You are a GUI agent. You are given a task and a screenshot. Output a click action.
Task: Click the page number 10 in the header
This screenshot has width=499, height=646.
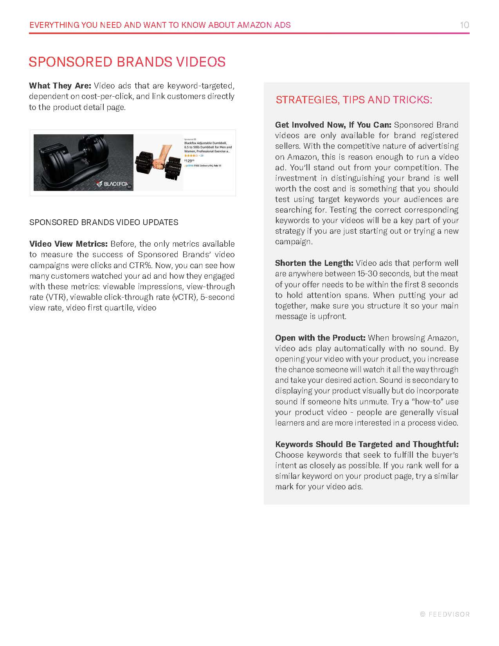click(464, 25)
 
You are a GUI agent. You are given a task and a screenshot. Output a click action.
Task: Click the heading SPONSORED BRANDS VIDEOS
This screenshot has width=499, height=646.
click(127, 62)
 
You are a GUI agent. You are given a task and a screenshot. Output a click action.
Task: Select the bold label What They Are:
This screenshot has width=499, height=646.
click(60, 86)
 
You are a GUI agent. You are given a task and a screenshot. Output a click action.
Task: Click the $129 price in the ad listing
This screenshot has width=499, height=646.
click(189, 161)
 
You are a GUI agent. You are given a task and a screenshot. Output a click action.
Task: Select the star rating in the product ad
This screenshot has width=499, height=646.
click(191, 155)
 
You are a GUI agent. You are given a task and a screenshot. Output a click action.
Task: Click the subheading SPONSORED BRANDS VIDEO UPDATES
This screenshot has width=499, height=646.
click(104, 222)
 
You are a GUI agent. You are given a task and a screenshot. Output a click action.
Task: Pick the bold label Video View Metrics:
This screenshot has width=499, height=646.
click(68, 244)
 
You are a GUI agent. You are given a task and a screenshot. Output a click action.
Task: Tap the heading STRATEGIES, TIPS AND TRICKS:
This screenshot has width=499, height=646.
click(354, 100)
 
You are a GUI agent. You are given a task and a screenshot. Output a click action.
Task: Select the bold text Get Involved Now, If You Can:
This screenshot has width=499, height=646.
click(333, 125)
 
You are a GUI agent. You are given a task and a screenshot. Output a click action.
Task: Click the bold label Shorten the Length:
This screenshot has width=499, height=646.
click(314, 263)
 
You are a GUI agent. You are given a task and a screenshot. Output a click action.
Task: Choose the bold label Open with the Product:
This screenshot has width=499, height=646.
click(320, 338)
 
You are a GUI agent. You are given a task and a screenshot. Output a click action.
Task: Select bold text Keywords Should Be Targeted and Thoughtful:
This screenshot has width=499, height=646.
click(367, 444)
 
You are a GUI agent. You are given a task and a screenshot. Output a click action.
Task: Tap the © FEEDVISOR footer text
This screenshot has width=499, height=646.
click(445, 614)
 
